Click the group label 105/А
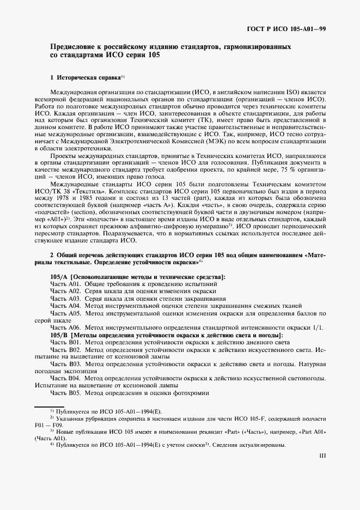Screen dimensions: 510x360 point(59,277)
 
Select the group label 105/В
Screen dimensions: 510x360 point(59,334)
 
